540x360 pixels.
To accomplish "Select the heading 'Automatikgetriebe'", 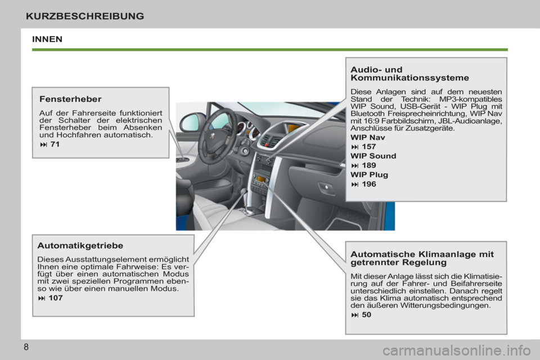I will pos(80,246).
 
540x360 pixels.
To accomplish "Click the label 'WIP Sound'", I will pos(373,156).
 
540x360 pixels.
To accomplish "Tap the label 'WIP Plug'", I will pos(369,175).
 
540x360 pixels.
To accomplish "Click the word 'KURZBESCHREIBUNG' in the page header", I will pos(85,16).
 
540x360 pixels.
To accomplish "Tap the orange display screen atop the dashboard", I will pos(292,129).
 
